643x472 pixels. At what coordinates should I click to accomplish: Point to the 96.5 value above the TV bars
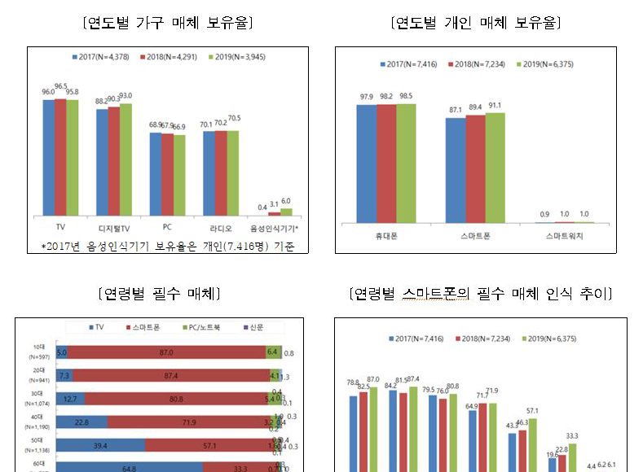pyautogui.click(x=60, y=85)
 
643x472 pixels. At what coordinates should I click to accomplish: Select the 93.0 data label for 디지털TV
pyautogui.click(x=126, y=95)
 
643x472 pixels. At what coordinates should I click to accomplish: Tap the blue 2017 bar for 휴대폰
pyautogui.click(x=366, y=163)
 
